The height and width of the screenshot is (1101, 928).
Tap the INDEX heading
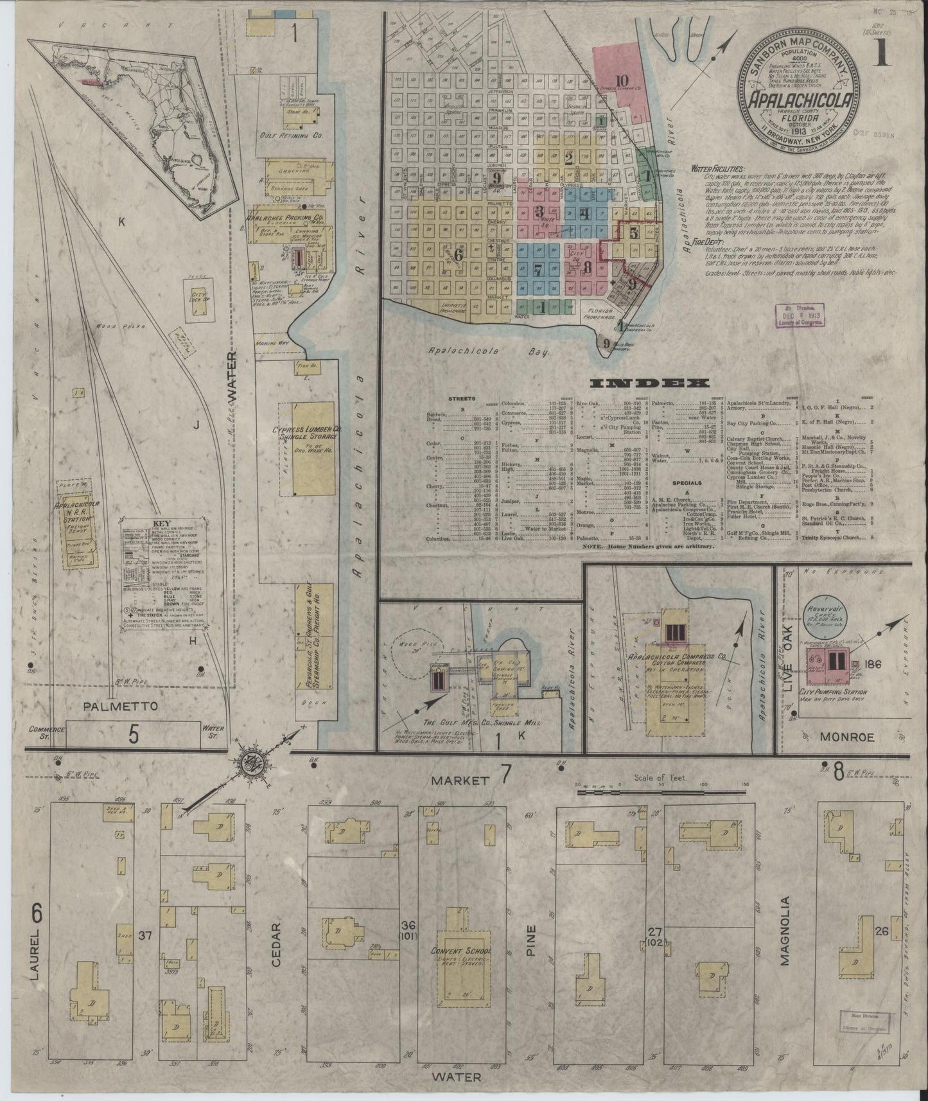(x=649, y=383)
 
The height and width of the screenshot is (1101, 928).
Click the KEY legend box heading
(x=157, y=523)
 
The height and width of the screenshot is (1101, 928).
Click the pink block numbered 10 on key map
(x=621, y=80)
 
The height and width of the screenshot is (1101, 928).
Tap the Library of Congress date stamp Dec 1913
(x=800, y=316)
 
